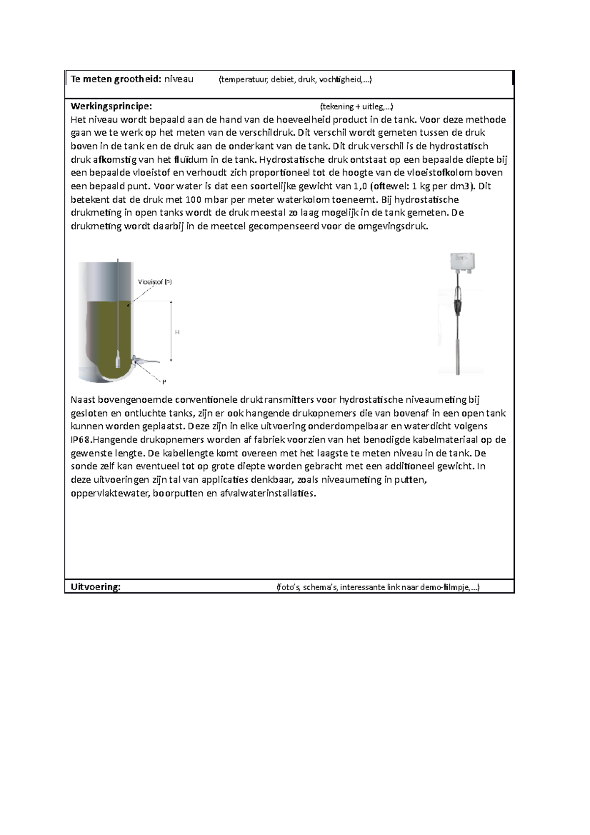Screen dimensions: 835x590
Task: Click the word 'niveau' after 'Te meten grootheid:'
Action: click(x=178, y=79)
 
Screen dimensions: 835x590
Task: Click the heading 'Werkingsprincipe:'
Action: click(x=112, y=106)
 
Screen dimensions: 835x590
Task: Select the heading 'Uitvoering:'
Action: click(x=95, y=587)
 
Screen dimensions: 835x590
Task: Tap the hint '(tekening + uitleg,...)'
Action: click(x=356, y=106)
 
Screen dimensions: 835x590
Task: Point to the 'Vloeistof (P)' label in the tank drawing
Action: click(x=155, y=282)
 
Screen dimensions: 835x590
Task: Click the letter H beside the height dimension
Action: click(x=177, y=332)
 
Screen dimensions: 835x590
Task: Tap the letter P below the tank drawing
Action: click(x=165, y=381)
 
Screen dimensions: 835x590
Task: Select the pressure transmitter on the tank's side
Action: click(x=143, y=361)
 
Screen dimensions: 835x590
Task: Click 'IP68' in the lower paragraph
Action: click(x=80, y=440)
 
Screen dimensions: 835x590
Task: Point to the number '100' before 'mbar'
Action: click(x=193, y=200)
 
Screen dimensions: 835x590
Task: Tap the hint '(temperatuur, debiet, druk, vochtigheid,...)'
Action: click(x=295, y=80)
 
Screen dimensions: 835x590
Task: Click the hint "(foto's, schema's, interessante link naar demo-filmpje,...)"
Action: click(x=378, y=587)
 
